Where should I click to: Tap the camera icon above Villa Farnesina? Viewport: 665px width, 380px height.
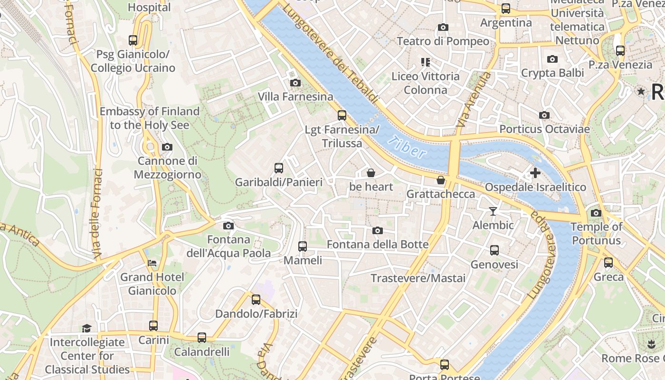pos(295,83)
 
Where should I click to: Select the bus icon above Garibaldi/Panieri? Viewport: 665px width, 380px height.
pos(279,168)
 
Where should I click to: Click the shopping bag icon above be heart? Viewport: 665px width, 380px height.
pos(371,173)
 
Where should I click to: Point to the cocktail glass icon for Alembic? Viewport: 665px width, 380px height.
pos(493,211)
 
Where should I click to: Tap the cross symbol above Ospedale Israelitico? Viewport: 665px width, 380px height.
pos(535,173)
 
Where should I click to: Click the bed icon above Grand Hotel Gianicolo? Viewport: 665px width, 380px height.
pos(152,263)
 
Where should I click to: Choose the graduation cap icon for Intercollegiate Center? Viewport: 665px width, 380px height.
pos(86,328)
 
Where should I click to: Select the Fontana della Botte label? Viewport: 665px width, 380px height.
pos(378,245)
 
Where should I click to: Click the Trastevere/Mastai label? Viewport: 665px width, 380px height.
pos(418,278)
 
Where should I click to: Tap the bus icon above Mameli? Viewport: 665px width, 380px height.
pos(303,247)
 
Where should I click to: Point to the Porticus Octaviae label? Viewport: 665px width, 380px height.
pos(544,129)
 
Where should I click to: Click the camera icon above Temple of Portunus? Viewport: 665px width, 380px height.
pos(596,213)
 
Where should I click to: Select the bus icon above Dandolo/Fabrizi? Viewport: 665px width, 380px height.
pos(256,300)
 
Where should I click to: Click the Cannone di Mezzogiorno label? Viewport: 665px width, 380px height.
pos(167,168)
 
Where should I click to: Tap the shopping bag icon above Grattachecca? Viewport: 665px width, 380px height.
pos(441,180)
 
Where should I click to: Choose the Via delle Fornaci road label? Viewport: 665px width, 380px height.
pos(98,214)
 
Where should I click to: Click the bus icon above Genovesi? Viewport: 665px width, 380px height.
pos(494,250)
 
